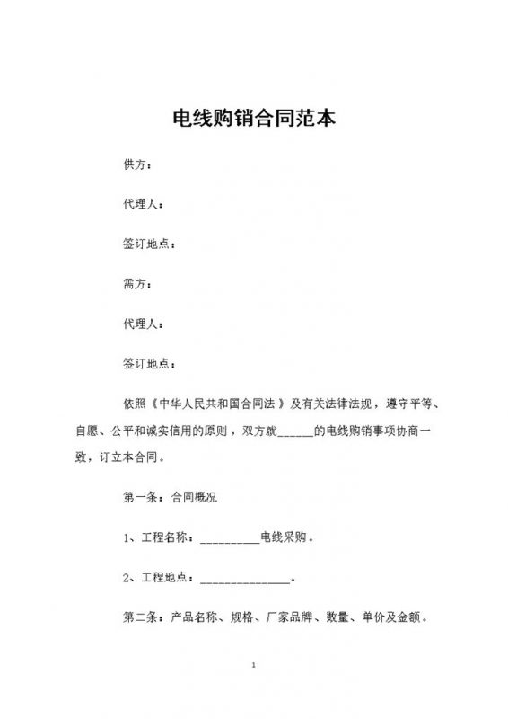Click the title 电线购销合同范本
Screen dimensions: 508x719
254,119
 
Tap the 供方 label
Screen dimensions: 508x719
135,166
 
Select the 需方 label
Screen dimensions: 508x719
135,284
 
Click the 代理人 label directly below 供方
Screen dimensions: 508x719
141,206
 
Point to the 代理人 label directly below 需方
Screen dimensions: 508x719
141,324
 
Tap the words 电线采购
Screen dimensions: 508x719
284,539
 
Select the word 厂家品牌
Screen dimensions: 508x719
290,617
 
